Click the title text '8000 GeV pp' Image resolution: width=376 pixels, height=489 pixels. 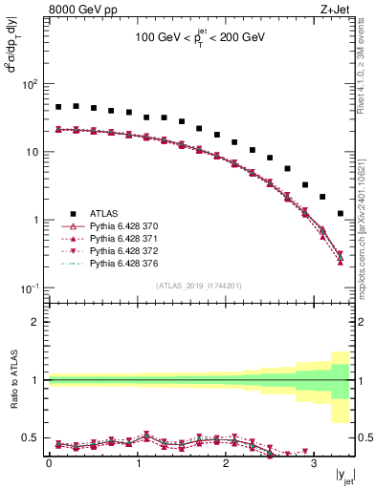[77, 10]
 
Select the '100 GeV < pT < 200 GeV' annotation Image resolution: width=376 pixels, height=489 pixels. [199, 41]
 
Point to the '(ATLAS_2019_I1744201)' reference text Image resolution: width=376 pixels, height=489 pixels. [199, 285]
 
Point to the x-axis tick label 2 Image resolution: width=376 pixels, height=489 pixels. [226, 463]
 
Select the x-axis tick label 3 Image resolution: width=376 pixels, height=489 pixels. [314, 463]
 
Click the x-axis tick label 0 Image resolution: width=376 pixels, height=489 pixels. [49, 463]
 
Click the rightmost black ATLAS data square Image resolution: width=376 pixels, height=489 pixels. [341, 214]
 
